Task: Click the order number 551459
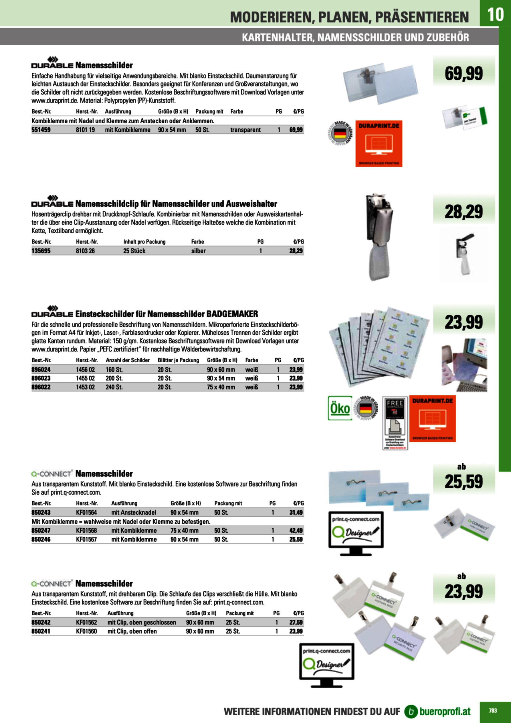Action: click(x=41, y=130)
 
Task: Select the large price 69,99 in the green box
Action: click(x=464, y=73)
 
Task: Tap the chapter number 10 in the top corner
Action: click(x=495, y=14)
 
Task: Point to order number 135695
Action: click(x=41, y=251)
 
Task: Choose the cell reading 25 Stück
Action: click(x=134, y=251)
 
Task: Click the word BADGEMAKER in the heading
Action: click(x=232, y=314)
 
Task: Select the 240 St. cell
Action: click(x=114, y=387)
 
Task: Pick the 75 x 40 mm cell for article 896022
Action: click(x=221, y=387)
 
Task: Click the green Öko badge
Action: click(x=340, y=408)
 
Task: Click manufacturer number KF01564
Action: click(x=87, y=512)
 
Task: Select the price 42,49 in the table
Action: click(x=296, y=531)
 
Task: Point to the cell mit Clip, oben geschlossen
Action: click(x=142, y=622)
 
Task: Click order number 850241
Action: click(x=41, y=631)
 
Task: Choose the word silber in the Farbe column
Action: click(x=198, y=251)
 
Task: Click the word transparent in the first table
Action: click(x=245, y=130)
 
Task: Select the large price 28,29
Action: click(x=464, y=212)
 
